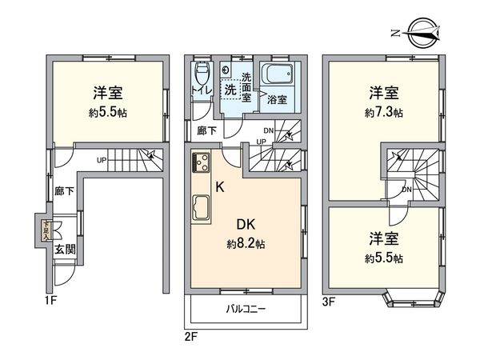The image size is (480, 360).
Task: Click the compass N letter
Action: (x=396, y=33)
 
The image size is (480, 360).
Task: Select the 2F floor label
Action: (x=191, y=337)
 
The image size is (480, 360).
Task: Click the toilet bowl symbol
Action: (x=201, y=74)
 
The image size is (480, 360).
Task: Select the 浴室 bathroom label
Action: (x=277, y=100)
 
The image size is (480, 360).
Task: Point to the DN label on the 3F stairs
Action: (x=407, y=190)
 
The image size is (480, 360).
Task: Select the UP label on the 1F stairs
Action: (x=102, y=159)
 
